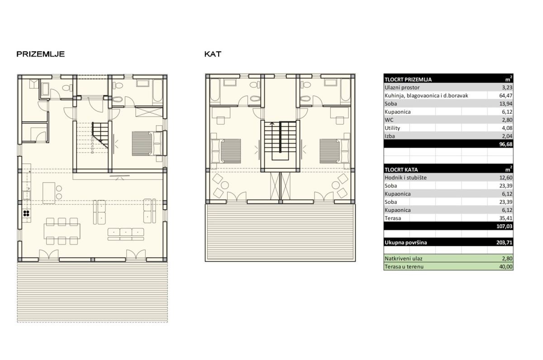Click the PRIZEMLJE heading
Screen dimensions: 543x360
pyautogui.click(x=40, y=54)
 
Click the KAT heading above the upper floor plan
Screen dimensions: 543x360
pyautogui.click(x=213, y=54)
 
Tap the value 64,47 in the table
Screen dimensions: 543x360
pyautogui.click(x=506, y=96)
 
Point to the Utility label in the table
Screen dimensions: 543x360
pyautogui.click(x=392, y=128)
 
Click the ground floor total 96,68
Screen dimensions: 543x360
pyautogui.click(x=506, y=144)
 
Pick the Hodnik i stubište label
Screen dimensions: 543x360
pyautogui.click(x=405, y=178)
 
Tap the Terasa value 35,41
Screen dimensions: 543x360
pyautogui.click(x=506, y=218)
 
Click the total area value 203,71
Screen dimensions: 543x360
pyautogui.click(x=504, y=242)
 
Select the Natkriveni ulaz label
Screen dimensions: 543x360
pyautogui.click(x=403, y=259)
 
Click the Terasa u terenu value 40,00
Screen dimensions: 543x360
pyautogui.click(x=506, y=267)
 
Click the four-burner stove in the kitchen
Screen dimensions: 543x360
pyautogui.click(x=26, y=213)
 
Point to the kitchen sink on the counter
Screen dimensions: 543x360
pyautogui.click(x=26, y=195)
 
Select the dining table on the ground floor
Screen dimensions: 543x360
pyautogui.click(x=62, y=231)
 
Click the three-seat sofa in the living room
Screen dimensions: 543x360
pyautogui.click(x=126, y=234)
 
